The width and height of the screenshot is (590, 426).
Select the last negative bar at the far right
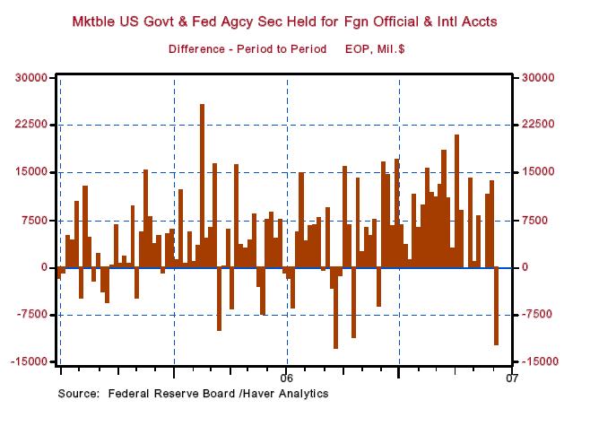coord(496,306)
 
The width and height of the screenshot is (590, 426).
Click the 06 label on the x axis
coord(287,376)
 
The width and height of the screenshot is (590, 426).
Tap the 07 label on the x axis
coord(513,376)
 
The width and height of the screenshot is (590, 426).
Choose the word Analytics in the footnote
coord(302,394)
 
